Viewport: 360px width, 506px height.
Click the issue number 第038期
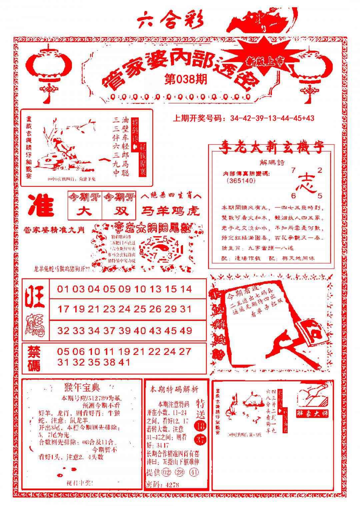(186, 79)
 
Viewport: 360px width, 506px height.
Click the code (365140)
(240, 181)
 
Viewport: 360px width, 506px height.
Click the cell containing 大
(85, 211)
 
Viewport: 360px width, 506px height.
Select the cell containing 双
(119, 211)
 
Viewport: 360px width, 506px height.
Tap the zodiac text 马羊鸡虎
(171, 211)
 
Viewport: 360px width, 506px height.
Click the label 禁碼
(34, 358)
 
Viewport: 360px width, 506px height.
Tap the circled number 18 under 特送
(201, 426)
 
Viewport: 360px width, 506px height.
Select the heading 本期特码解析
(174, 389)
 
